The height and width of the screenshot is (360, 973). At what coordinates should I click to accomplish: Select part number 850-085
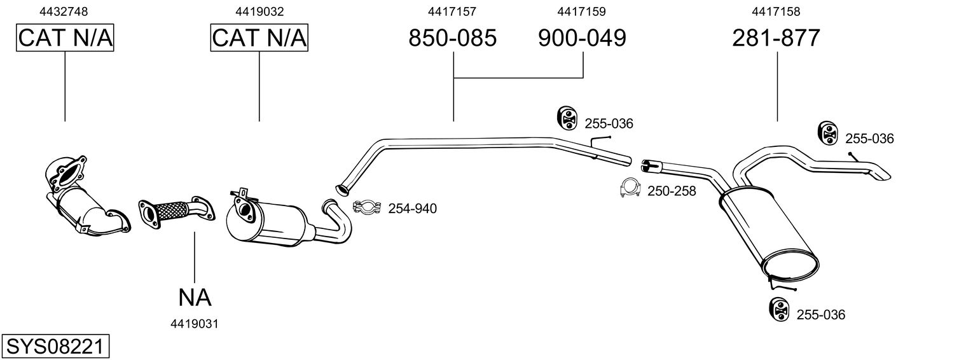tap(452, 39)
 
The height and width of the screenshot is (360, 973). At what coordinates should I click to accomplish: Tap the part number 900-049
tap(582, 39)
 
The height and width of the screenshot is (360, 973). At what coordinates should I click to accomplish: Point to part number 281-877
tap(776, 39)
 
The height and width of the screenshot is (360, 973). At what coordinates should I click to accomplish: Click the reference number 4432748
tap(64, 11)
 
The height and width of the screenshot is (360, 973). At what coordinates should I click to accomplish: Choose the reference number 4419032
tap(259, 11)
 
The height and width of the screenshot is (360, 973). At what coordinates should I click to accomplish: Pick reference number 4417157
tap(452, 11)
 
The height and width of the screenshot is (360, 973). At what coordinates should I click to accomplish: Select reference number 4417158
tap(776, 11)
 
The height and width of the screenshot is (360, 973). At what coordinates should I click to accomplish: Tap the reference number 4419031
tap(195, 324)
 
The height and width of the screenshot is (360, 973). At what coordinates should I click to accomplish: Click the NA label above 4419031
tap(195, 297)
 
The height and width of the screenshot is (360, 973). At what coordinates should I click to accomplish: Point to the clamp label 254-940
tap(413, 208)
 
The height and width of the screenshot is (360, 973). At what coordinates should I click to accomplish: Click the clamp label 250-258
tap(672, 191)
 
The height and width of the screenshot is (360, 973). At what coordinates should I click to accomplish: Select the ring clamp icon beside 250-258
tap(630, 188)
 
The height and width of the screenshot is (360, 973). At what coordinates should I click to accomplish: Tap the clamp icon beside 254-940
tap(366, 207)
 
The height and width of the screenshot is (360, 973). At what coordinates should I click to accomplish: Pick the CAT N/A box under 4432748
tap(65, 39)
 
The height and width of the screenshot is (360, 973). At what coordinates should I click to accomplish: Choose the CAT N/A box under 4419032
tap(259, 39)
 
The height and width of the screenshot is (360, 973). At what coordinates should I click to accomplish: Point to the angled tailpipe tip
tap(880, 174)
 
